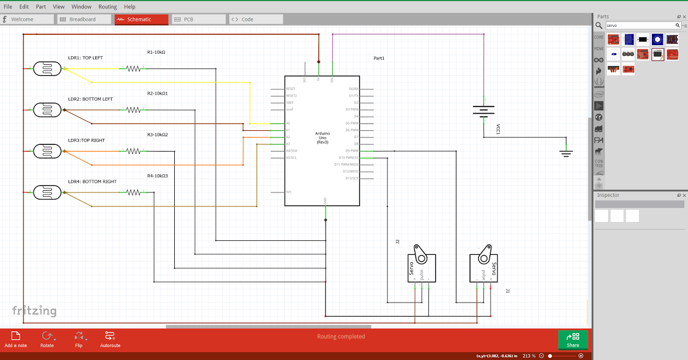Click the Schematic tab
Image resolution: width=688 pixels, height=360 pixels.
point(141,20)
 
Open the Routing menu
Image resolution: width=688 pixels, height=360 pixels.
point(108,7)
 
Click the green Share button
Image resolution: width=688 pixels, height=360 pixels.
point(573,340)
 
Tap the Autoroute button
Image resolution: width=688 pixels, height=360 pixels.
point(110,339)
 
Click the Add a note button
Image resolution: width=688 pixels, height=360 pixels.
point(16,339)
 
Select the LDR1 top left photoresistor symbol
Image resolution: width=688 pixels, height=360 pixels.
point(47,68)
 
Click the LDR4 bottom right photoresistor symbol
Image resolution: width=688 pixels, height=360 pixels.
point(47,193)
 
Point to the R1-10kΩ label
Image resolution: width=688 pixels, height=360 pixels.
point(156,53)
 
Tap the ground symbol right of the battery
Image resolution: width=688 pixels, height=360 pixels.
point(566,153)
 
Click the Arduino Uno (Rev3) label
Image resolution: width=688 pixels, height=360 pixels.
point(322,138)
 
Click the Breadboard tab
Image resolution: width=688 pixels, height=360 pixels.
point(83,20)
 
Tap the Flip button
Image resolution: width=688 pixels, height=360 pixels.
point(79,339)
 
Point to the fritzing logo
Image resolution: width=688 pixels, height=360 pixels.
point(34,310)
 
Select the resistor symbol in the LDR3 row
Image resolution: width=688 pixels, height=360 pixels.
point(134,151)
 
